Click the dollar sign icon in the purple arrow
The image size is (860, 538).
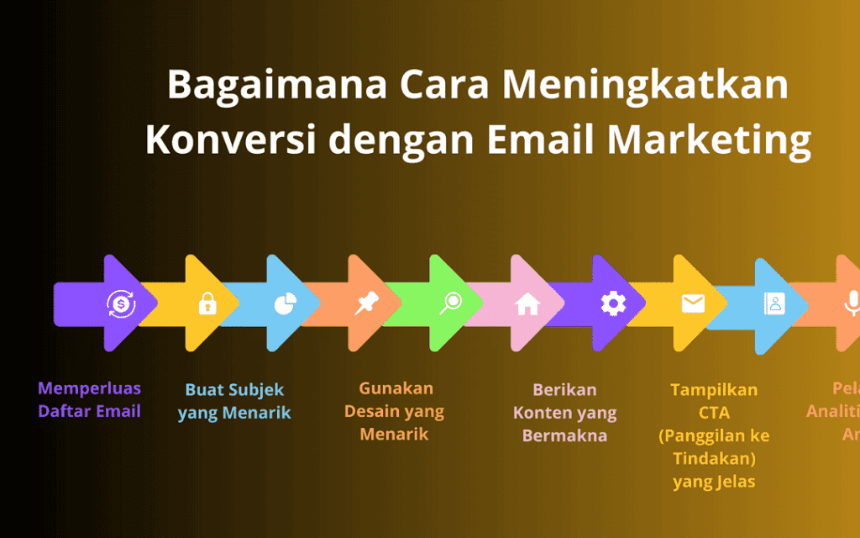tap(121, 303)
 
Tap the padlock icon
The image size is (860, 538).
tap(207, 303)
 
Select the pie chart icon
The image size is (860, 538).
tap(284, 303)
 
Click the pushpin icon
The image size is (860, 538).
tap(364, 303)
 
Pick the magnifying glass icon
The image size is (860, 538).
tap(450, 303)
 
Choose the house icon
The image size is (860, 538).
tap(527, 303)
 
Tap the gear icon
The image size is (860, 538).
tap(613, 303)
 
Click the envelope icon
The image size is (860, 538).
tap(693, 303)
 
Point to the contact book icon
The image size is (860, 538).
tap(773, 303)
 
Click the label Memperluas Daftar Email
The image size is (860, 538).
tap(89, 400)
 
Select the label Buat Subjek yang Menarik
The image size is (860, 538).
tap(234, 401)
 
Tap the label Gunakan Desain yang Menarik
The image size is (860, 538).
tap(395, 411)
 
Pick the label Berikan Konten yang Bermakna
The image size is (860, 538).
tap(564, 413)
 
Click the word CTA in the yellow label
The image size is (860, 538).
tap(714, 413)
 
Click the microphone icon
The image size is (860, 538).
tap(851, 303)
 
